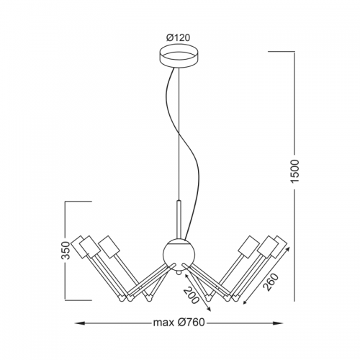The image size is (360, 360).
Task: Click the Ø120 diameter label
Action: tap(178, 37)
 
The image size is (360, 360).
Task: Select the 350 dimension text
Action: tap(66, 251)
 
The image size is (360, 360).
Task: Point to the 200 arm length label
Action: tap(192, 295)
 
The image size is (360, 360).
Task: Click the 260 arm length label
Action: tap(271, 282)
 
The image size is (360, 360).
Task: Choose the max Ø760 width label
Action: tap(179, 323)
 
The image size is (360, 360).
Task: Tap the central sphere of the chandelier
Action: tap(179, 255)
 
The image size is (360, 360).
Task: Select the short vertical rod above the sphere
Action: tap(179, 219)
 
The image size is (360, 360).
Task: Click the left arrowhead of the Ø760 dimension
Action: tap(80, 323)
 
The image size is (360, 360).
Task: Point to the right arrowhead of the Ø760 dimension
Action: tap(278, 323)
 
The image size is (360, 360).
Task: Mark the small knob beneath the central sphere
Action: tap(178, 273)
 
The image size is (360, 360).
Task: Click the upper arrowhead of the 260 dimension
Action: tap(287, 250)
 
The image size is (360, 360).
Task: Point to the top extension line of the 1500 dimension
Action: tap(282, 51)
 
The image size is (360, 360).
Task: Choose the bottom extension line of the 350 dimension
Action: tap(78, 300)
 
